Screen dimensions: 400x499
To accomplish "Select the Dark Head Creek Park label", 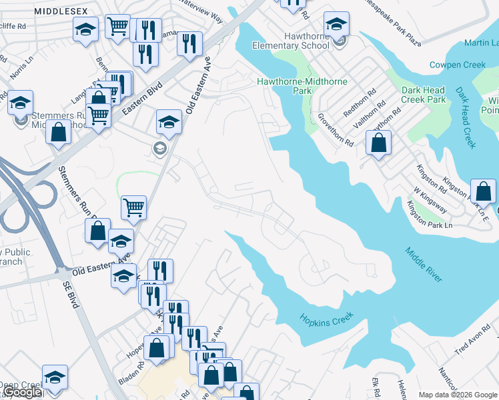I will (x=424, y=95).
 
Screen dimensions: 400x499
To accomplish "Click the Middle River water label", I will (x=424, y=264).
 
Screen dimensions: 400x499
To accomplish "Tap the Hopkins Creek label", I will (x=326, y=320).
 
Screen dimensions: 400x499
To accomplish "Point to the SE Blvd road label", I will (x=72, y=293).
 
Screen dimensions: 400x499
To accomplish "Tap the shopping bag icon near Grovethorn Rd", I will (x=378, y=142).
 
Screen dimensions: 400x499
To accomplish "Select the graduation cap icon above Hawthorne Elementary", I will (x=338, y=25).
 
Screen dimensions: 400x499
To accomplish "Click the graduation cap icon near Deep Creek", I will (x=55, y=377).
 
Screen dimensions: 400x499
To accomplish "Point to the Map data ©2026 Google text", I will (x=458, y=395).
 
